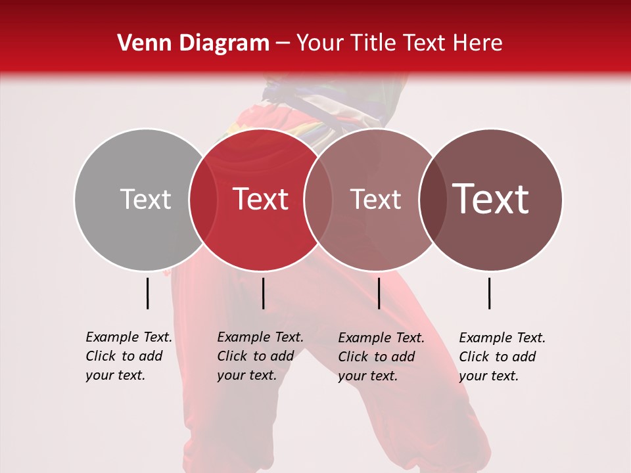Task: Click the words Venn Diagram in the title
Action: click(x=193, y=43)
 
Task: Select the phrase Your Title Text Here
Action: click(x=399, y=43)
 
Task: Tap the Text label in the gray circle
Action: click(x=145, y=199)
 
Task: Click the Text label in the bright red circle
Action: click(x=260, y=199)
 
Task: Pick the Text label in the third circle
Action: click(x=375, y=199)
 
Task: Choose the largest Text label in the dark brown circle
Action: click(x=491, y=199)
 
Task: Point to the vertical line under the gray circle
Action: click(x=147, y=293)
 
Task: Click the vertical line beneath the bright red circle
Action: click(x=263, y=293)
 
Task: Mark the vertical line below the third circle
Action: click(x=379, y=293)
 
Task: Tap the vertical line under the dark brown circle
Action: click(x=490, y=293)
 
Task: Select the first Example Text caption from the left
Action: click(x=128, y=356)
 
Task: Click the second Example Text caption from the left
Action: click(x=260, y=356)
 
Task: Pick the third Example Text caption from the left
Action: click(x=381, y=357)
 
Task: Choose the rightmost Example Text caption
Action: click(x=502, y=357)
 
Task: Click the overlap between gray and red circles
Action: click(x=203, y=199)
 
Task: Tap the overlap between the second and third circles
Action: click(x=318, y=199)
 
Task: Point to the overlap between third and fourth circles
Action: click(x=432, y=199)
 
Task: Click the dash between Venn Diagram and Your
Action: click(x=283, y=44)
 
